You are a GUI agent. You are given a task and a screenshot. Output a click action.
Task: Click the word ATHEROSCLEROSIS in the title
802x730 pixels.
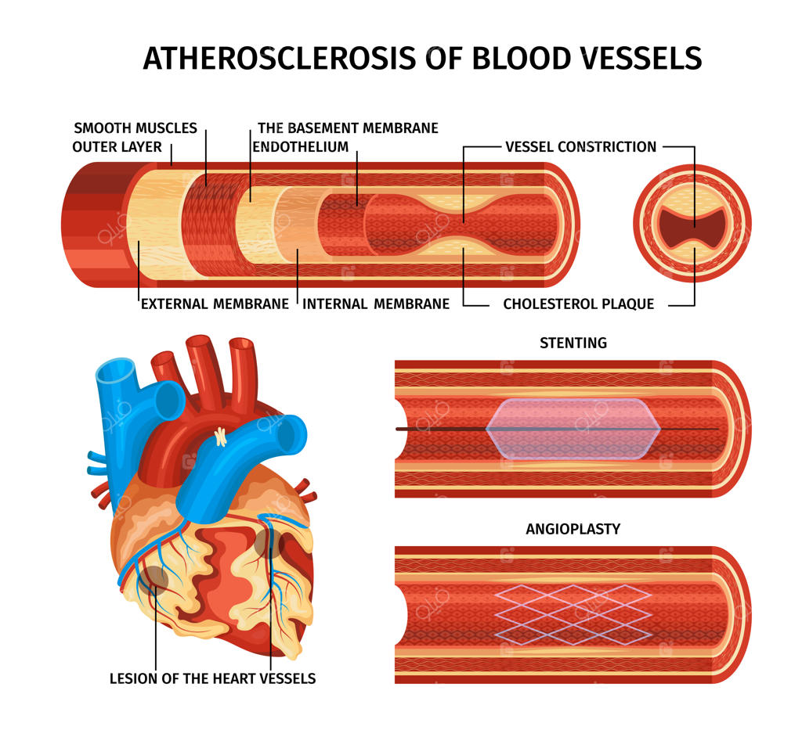pos(280,58)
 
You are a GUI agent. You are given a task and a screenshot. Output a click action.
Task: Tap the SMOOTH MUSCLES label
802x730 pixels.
pos(135,128)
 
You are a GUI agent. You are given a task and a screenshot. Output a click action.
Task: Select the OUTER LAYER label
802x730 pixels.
pos(117,146)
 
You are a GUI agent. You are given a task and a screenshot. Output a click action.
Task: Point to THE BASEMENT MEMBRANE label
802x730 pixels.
pos(348,128)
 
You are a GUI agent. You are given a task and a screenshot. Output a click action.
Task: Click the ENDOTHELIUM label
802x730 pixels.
pos(300,146)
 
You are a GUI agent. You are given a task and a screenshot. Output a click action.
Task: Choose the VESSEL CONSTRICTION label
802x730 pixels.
pos(580,146)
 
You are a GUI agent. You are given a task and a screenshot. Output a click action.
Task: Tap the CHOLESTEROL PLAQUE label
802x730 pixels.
pos(579,304)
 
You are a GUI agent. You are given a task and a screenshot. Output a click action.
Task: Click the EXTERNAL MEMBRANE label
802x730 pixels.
pos(215,304)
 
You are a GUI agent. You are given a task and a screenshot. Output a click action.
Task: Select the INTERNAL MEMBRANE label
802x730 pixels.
pos(376,304)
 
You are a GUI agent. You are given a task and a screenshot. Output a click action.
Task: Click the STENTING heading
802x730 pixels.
pos(573,343)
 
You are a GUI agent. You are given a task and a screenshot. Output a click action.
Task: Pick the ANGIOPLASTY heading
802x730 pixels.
pos(573,529)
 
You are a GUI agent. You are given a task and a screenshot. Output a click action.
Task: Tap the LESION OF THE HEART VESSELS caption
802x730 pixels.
pos(213,678)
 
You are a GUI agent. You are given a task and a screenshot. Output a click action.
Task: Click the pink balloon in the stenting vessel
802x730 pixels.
pos(573,429)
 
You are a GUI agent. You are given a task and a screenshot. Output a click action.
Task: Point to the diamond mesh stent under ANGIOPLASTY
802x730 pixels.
pos(573,614)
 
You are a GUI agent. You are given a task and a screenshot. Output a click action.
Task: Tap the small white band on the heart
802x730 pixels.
pos(220,437)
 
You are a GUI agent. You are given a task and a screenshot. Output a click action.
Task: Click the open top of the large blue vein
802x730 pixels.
pos(116,370)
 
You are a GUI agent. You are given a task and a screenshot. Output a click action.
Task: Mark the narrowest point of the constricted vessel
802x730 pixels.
pos(464,224)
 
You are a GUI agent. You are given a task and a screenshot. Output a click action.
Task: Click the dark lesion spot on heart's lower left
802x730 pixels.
pos(154,578)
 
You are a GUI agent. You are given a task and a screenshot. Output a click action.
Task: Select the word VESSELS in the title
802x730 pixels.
pos(641,58)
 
